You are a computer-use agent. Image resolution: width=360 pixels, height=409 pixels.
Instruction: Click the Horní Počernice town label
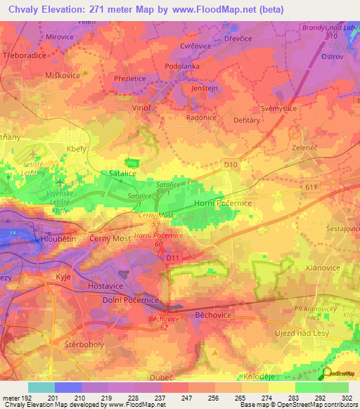coord(222,202)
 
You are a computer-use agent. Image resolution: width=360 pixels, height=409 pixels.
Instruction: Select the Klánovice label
coord(323,268)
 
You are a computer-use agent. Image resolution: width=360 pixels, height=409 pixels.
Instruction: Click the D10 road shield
coord(231,164)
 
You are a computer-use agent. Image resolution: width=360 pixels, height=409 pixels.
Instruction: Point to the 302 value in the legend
coord(345,398)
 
